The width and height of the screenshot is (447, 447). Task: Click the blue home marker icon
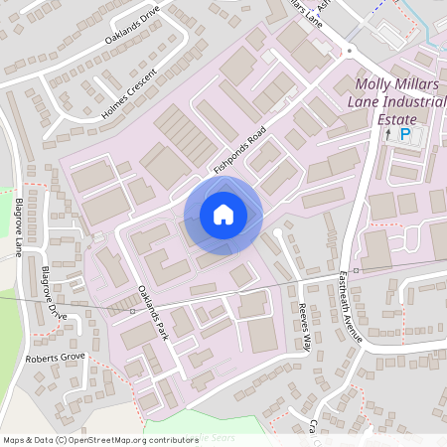click(x=223, y=214)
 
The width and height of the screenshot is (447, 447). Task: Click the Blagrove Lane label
click(x=20, y=226)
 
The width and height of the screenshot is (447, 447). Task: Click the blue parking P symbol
click(x=405, y=134)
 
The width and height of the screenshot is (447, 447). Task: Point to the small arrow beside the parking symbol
click(x=388, y=134)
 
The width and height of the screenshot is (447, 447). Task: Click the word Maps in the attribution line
click(x=13, y=440)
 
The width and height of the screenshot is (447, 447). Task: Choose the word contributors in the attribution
click(x=171, y=440)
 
